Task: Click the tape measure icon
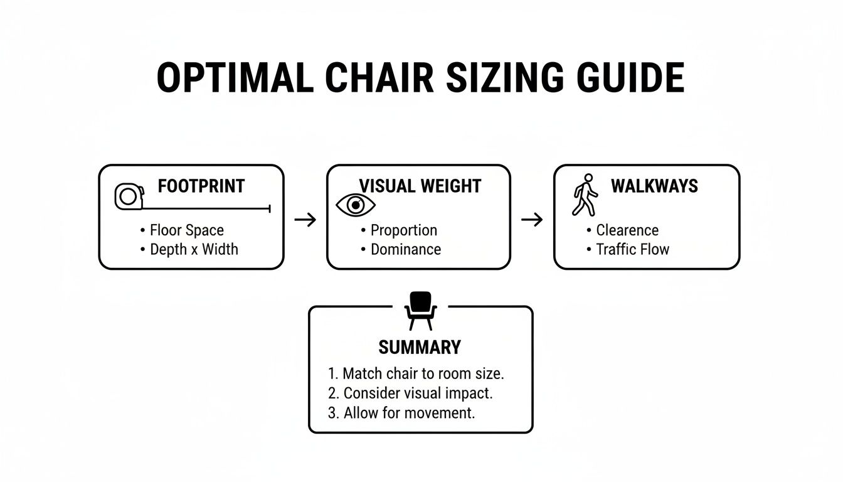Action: tap(128, 196)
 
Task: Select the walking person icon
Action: tap(585, 195)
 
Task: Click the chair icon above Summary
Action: tap(420, 310)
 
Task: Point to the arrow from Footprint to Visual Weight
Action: tap(305, 220)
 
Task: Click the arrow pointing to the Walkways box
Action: tap(532, 220)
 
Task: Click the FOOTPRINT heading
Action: tap(201, 186)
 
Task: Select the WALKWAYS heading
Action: tap(654, 186)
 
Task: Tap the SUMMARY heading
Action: tap(420, 347)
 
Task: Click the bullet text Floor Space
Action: tap(186, 230)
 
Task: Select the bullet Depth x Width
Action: tap(193, 249)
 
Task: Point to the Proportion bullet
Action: tap(403, 230)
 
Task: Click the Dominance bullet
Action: tap(405, 249)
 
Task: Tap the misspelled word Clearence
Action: tap(627, 230)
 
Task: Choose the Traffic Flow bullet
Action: tap(632, 249)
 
